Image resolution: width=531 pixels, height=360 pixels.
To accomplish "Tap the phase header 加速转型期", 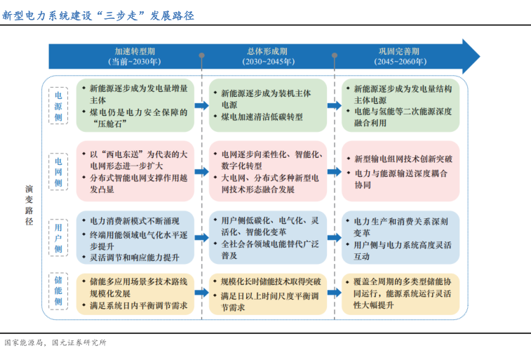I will pyautogui.click(x=135, y=51).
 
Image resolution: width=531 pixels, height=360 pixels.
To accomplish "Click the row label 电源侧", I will pyautogui.click(x=58, y=105).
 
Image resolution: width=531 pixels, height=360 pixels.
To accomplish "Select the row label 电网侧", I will pyautogui.click(x=58, y=173).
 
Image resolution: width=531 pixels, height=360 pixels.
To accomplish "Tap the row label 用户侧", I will pyautogui.click(x=58, y=236).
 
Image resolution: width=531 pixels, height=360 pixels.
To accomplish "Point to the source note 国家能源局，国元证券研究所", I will pyautogui.click(x=55, y=343).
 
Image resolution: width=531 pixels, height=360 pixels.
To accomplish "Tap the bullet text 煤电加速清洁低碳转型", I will pyautogui.click(x=262, y=117).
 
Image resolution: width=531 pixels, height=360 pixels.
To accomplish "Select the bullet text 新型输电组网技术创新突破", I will pyautogui.click(x=403, y=159).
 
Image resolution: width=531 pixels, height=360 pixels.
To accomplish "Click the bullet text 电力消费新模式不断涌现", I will pyautogui.click(x=130, y=220).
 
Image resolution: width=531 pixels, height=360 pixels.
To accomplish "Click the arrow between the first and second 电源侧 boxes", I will pyautogui.click(x=201, y=105).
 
